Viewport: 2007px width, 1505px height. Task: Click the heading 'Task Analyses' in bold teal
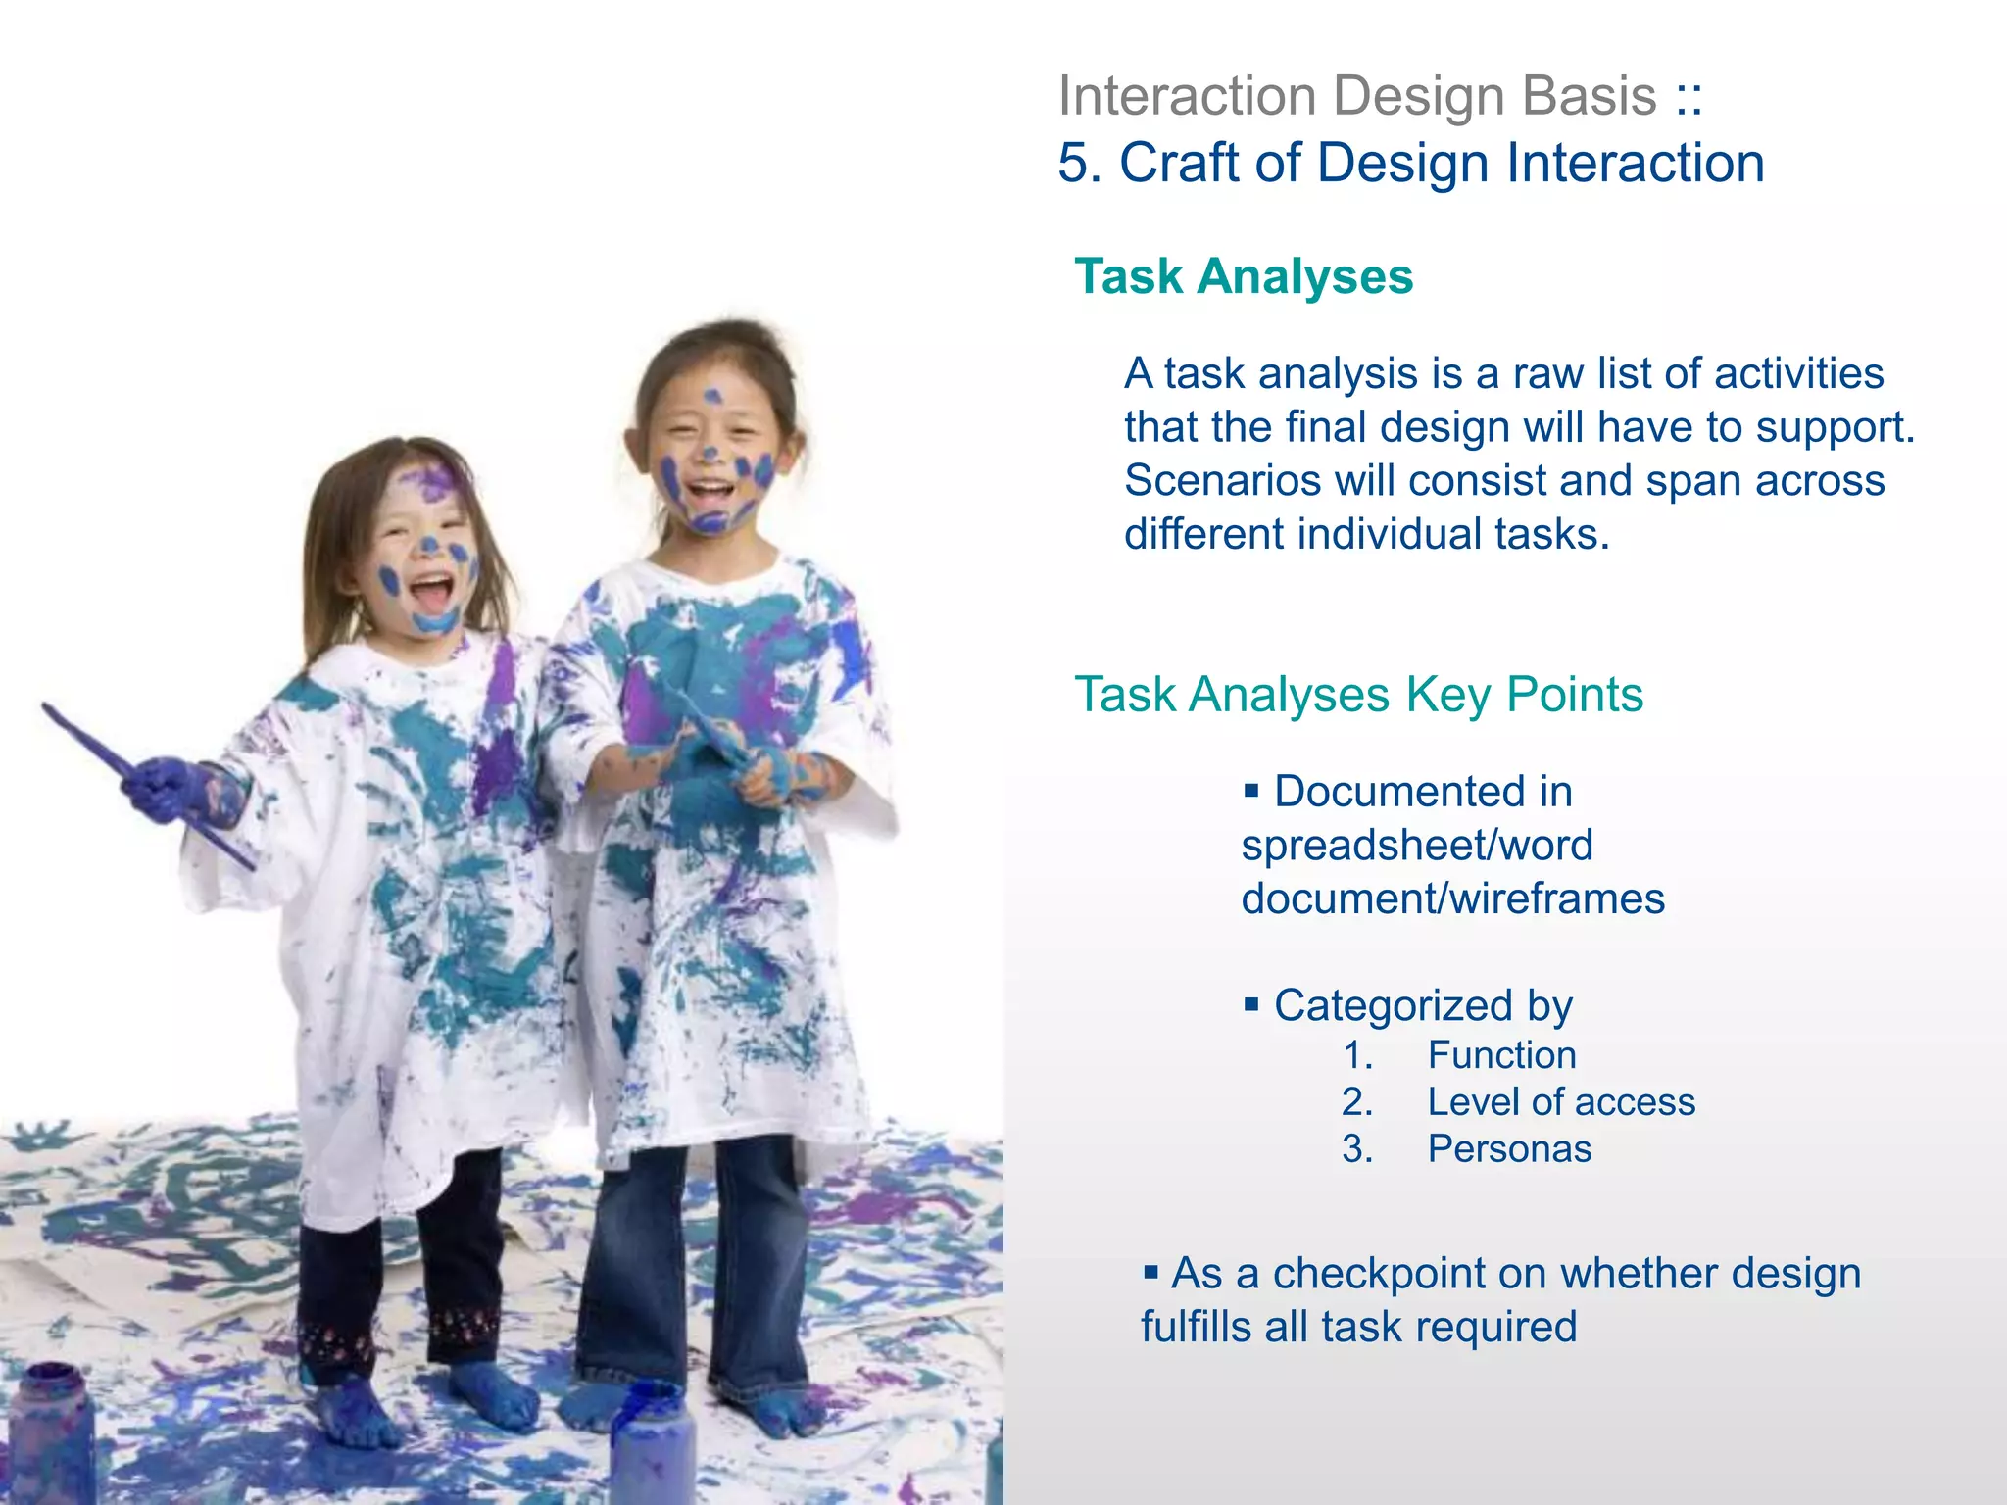tap(1244, 276)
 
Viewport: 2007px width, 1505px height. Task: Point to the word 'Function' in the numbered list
tap(1501, 1055)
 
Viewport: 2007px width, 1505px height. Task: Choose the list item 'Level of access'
tap(1560, 1102)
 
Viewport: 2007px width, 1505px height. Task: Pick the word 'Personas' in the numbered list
tap(1509, 1149)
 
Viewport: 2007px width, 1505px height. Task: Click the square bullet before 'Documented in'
tap(1250, 790)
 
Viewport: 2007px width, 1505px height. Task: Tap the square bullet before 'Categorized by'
tap(1250, 1003)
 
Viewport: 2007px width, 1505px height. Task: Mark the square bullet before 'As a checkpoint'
tap(1150, 1272)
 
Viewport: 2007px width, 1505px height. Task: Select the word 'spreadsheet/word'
tap(1417, 846)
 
